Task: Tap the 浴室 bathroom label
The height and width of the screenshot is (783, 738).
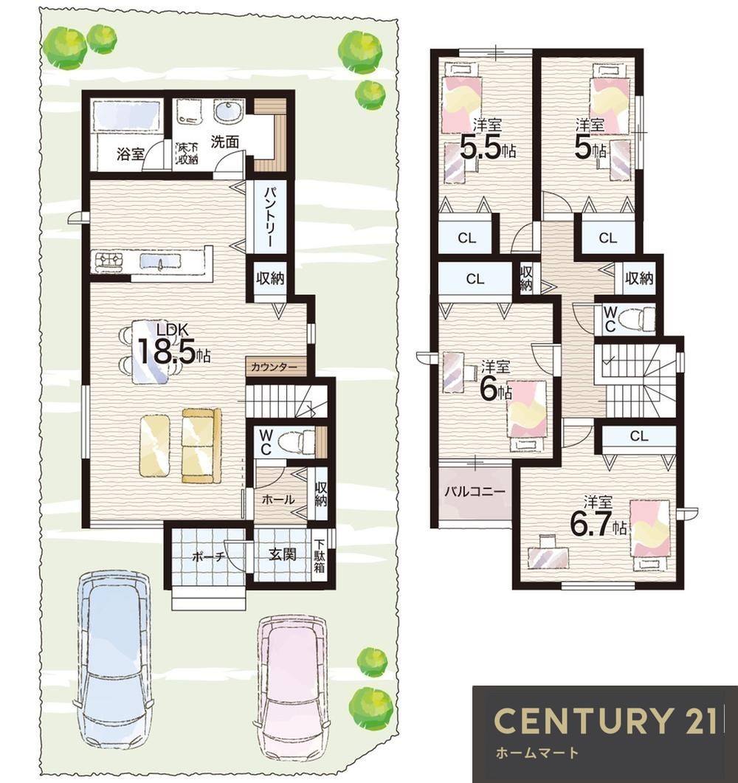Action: pyautogui.click(x=131, y=154)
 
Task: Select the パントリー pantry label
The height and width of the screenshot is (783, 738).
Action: pyautogui.click(x=269, y=216)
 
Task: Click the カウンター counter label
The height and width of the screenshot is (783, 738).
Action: pyautogui.click(x=274, y=368)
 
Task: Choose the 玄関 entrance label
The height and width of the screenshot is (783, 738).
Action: pyautogui.click(x=282, y=554)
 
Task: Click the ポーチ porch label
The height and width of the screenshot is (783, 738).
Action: pyautogui.click(x=209, y=556)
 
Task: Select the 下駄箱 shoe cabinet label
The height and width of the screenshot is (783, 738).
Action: pyautogui.click(x=319, y=555)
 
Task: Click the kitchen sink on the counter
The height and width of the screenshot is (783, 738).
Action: pyautogui.click(x=160, y=262)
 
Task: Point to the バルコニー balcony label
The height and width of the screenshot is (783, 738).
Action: pyautogui.click(x=475, y=491)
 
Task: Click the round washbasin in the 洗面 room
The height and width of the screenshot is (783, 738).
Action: pyautogui.click(x=228, y=111)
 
